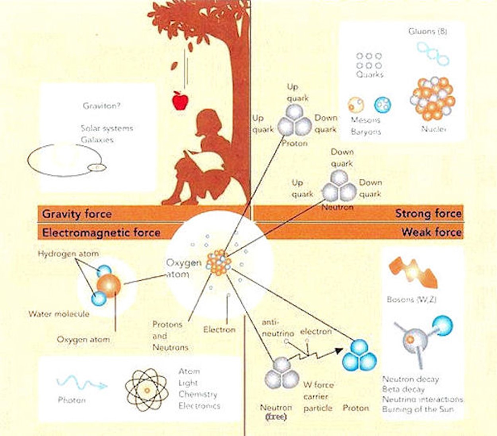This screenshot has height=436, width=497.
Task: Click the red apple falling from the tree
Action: point(180,100)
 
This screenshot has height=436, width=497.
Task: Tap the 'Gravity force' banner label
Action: point(77,214)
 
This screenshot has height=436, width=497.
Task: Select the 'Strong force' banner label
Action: point(428,214)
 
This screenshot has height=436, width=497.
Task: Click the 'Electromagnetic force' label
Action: point(101,233)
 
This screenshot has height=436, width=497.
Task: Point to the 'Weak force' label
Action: point(431,232)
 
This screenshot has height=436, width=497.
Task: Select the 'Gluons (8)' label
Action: point(428,31)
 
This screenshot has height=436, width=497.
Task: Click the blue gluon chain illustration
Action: point(433,54)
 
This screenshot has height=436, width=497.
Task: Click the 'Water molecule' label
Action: point(59,314)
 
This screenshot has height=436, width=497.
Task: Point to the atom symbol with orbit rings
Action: point(146,390)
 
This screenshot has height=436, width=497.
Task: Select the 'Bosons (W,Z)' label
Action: point(411,300)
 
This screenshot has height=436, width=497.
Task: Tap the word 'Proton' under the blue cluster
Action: point(356,408)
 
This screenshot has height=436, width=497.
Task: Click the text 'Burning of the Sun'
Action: point(417,409)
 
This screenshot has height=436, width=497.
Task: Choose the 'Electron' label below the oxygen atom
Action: point(219,329)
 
